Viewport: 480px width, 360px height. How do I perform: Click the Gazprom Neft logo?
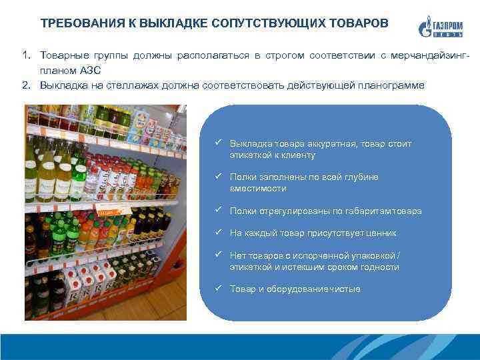pyautogui.click(x=441, y=27)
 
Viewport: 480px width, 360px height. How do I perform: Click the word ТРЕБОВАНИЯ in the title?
pyautogui.click(x=83, y=23)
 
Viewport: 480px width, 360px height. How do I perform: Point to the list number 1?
pyautogui.click(x=27, y=55)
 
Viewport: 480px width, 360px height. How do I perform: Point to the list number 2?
pyautogui.click(x=27, y=85)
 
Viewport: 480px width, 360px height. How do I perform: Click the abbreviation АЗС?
pyautogui.click(x=90, y=71)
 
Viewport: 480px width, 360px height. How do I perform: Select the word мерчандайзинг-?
pyautogui.click(x=430, y=56)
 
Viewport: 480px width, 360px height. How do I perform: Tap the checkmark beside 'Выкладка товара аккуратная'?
pyautogui.click(x=218, y=143)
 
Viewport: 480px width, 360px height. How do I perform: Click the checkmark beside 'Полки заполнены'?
pyautogui.click(x=218, y=176)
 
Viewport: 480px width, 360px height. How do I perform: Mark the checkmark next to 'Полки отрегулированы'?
pyautogui.click(x=218, y=210)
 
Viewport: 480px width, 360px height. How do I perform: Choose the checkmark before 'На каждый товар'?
pyautogui.click(x=218, y=232)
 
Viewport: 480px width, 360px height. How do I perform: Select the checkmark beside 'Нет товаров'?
pyautogui.click(x=218, y=255)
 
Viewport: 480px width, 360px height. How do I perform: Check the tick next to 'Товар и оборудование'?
pyautogui.click(x=218, y=288)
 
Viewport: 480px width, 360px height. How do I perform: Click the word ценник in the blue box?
pyautogui.click(x=381, y=233)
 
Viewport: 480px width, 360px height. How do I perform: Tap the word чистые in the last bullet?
pyautogui.click(x=345, y=289)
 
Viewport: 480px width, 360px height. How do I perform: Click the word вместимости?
pyautogui.click(x=258, y=189)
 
